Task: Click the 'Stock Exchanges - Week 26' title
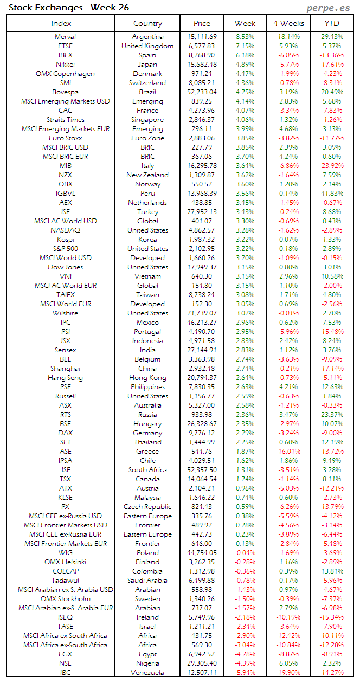pos(69,8)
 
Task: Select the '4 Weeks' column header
pos(288,23)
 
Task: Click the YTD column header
pos(332,23)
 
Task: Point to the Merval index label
pos(65,37)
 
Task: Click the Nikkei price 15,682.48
pos(201,65)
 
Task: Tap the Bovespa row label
pos(65,92)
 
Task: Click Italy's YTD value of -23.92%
pos(331,166)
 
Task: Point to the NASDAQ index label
pos(65,230)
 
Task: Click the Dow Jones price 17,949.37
pos(201,267)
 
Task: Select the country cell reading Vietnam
pos(147,276)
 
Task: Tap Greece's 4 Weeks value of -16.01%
pos(288,452)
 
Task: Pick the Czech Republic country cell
pos(147,507)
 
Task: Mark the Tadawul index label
pos(65,581)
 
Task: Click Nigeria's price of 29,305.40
pos(201,663)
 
